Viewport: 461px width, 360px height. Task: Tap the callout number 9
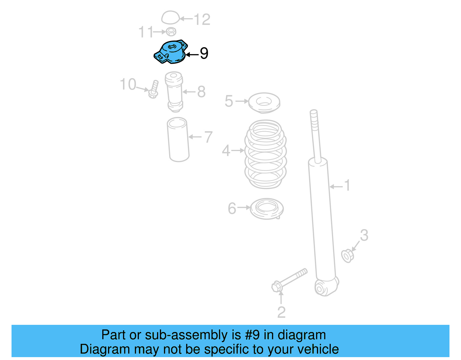[204, 53]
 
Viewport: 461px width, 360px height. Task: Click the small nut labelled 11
[171, 31]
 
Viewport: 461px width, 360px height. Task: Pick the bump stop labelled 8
[174, 92]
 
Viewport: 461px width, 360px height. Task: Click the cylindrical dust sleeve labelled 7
[178, 140]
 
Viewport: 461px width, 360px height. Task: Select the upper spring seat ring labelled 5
[264, 102]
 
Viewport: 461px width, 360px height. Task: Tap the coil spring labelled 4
[265, 154]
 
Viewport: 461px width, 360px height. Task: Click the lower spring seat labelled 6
[267, 208]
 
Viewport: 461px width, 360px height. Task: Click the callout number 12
[202, 19]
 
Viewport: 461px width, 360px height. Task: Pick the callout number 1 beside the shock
[347, 185]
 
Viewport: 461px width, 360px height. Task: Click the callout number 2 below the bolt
[281, 312]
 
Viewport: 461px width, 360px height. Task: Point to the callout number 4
[226, 151]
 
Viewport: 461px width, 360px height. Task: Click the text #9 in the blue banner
[252, 335]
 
